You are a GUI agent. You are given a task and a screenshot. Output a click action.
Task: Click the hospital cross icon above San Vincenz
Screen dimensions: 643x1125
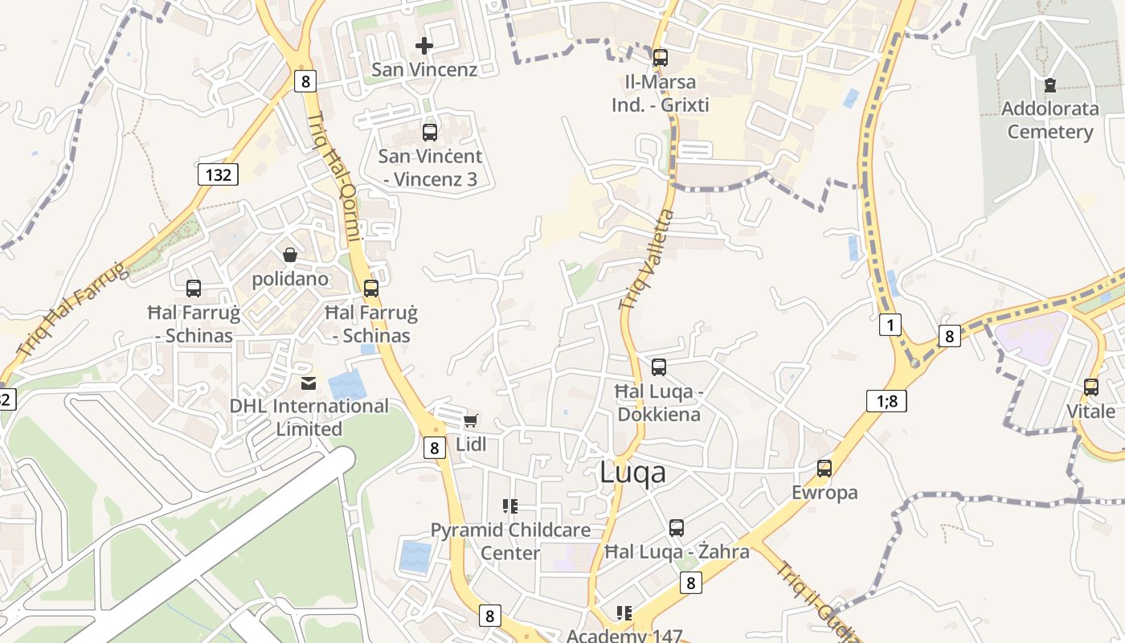(424, 46)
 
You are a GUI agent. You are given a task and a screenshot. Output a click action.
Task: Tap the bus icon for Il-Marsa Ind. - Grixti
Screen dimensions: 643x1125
(661, 58)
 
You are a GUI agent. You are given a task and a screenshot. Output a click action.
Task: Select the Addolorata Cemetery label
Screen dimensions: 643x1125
(1050, 120)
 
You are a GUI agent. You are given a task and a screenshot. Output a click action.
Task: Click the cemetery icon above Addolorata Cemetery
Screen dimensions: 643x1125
(1050, 84)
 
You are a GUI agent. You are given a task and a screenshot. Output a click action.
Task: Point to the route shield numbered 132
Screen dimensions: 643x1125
(218, 174)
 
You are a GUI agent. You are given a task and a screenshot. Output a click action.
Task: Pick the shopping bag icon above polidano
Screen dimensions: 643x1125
(290, 255)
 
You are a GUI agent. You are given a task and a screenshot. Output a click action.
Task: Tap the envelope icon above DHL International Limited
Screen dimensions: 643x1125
(309, 383)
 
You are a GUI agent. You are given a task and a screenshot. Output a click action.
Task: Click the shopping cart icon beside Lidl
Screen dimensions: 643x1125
(471, 420)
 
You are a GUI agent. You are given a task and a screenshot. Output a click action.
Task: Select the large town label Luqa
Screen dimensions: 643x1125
(633, 473)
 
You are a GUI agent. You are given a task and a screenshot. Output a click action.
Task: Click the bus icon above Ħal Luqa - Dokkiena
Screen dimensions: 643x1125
(659, 367)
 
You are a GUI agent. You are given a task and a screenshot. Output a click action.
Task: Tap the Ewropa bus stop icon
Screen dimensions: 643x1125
(824, 468)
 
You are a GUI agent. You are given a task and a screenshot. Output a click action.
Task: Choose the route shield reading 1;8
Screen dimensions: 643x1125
(886, 400)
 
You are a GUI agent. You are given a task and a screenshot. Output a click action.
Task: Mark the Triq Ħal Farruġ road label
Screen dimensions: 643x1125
(72, 310)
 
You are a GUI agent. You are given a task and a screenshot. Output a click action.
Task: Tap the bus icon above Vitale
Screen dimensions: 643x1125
(1091, 387)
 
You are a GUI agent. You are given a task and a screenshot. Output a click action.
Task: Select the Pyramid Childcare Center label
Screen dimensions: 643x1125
(510, 541)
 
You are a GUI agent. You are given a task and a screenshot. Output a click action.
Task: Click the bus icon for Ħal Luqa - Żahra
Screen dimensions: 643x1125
(677, 527)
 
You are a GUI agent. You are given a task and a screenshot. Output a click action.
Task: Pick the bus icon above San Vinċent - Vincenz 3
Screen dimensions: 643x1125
(430, 133)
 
